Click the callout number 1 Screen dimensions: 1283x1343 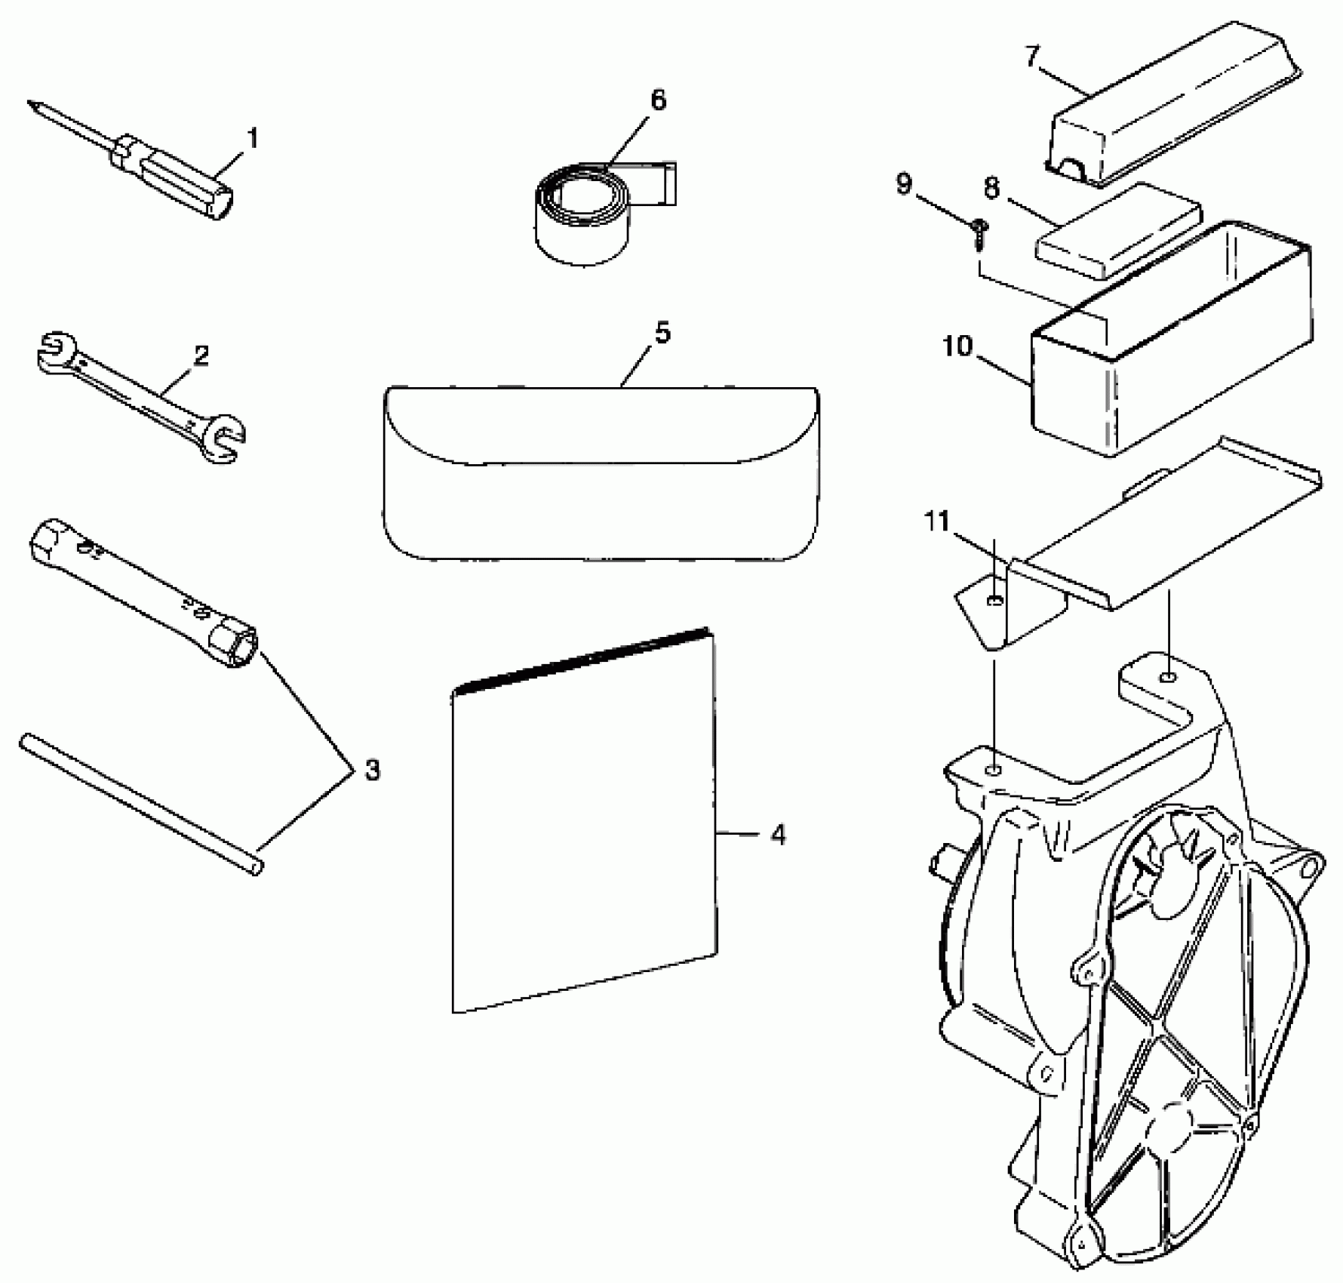pos(253,139)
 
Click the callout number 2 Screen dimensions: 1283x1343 pos(201,355)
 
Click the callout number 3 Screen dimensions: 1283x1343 pos(372,771)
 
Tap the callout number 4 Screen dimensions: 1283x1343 pos(778,835)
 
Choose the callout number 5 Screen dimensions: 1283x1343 pos(662,334)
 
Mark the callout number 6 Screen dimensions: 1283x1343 pos(658,101)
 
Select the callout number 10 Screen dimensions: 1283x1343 pos(958,347)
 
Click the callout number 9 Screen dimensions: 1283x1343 pos(905,183)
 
